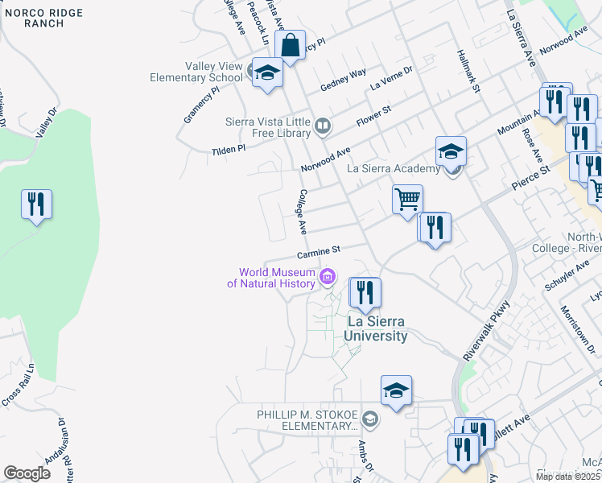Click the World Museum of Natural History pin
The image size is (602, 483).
328,278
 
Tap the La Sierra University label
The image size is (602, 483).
377,328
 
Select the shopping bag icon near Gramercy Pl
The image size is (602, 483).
290,45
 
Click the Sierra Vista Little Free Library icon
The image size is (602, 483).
322,125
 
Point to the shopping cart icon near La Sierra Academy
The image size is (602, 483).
408,198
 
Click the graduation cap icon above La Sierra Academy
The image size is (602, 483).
451,151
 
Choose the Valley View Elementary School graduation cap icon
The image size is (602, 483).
266,73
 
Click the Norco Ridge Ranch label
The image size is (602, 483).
33,18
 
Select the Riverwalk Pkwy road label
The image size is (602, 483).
487,331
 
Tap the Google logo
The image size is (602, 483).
27,473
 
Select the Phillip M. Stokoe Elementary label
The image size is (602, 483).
306,419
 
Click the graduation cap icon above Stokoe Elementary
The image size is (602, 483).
396,390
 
